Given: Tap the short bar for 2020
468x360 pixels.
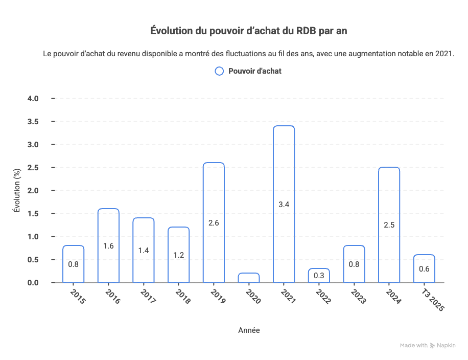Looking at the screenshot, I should (249, 278).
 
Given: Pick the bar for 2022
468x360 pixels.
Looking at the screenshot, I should (319, 276).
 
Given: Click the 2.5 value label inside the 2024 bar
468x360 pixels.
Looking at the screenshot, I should (389, 224).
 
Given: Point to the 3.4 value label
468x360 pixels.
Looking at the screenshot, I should (284, 205).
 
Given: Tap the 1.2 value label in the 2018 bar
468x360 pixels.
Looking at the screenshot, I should (178, 254).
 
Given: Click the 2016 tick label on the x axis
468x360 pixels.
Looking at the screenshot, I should (112, 296).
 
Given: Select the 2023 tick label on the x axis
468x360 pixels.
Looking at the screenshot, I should (358, 296).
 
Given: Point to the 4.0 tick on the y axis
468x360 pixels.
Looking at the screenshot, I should (33, 98).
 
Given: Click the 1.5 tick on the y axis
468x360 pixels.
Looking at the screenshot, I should (33, 214).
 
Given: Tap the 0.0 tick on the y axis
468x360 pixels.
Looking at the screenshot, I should (33, 283).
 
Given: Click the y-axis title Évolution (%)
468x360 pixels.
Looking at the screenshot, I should (16, 190).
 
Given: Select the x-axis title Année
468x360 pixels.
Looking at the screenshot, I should (249, 330).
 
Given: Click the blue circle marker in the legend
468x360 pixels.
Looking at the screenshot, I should (219, 71).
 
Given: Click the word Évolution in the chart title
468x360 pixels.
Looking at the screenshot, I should (171, 31).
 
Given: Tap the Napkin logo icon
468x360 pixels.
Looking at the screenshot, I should (432, 346).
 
